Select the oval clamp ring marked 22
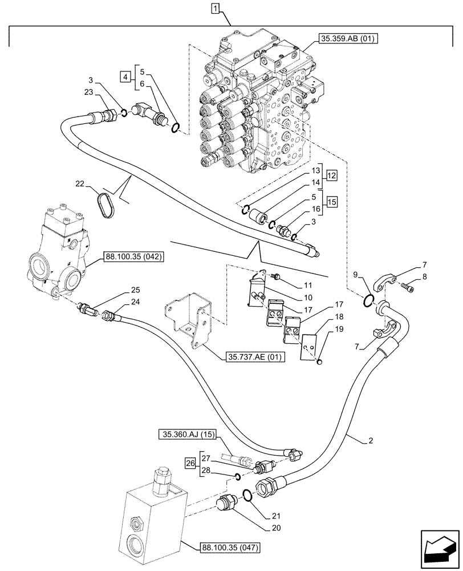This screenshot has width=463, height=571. [107, 204]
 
